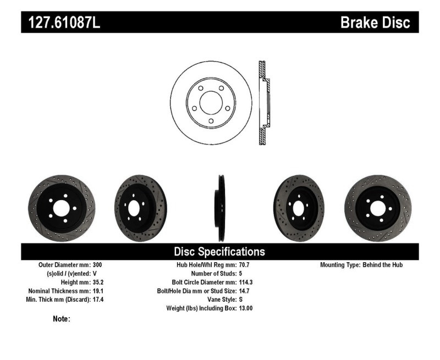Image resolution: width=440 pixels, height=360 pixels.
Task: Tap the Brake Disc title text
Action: [375, 22]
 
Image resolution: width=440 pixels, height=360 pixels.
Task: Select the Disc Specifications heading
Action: [219, 252]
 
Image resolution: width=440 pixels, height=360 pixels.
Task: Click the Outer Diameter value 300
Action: [97, 265]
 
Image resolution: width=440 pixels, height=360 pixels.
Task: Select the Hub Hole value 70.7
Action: [244, 265]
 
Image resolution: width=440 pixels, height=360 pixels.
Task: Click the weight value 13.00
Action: [246, 308]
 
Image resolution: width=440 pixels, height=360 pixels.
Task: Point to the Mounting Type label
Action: [340, 265]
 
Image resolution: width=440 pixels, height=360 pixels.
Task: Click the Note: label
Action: [61, 319]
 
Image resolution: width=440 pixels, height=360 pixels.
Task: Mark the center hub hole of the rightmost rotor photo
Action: [378, 208]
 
